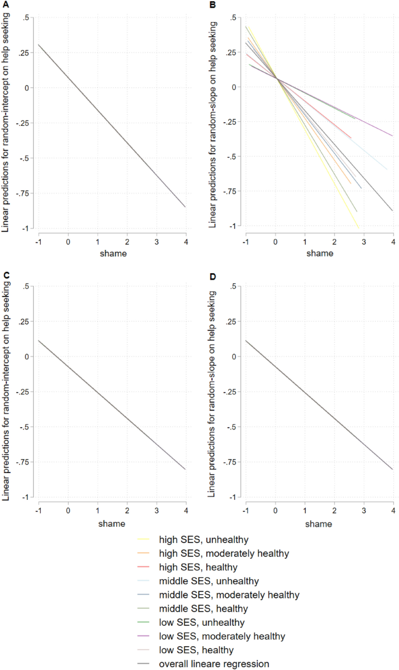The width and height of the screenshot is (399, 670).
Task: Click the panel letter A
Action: [x=3, y=4]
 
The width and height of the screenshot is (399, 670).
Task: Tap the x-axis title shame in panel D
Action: [x=319, y=523]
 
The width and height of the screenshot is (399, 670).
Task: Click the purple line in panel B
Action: [x=373, y=128]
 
